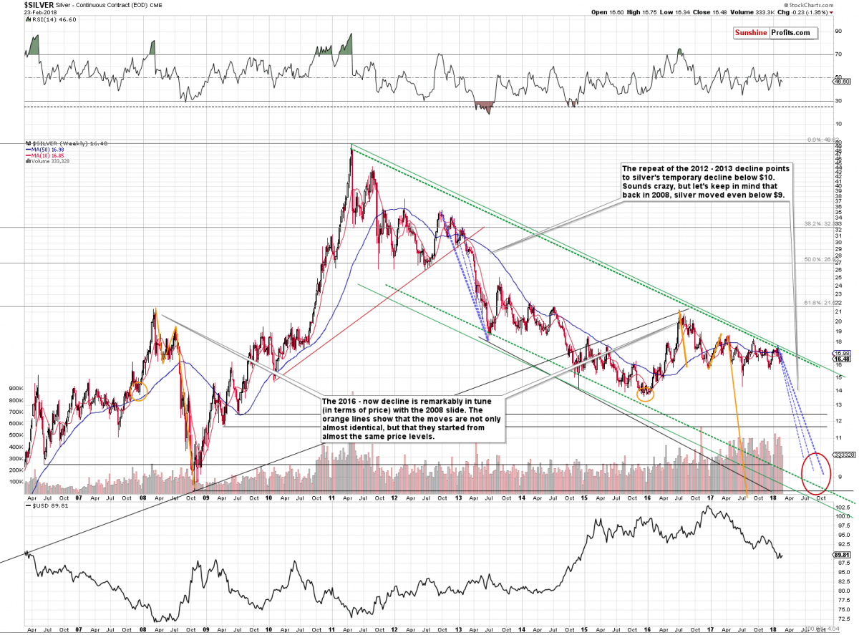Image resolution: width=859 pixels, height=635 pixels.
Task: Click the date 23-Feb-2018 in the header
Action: [19, 12]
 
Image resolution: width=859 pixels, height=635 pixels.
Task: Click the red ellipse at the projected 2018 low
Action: [815, 473]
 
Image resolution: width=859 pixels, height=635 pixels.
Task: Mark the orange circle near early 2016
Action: [646, 391]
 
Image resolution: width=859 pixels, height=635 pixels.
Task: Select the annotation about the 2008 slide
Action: [414, 418]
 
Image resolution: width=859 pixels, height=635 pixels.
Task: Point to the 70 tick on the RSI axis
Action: [838, 54]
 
